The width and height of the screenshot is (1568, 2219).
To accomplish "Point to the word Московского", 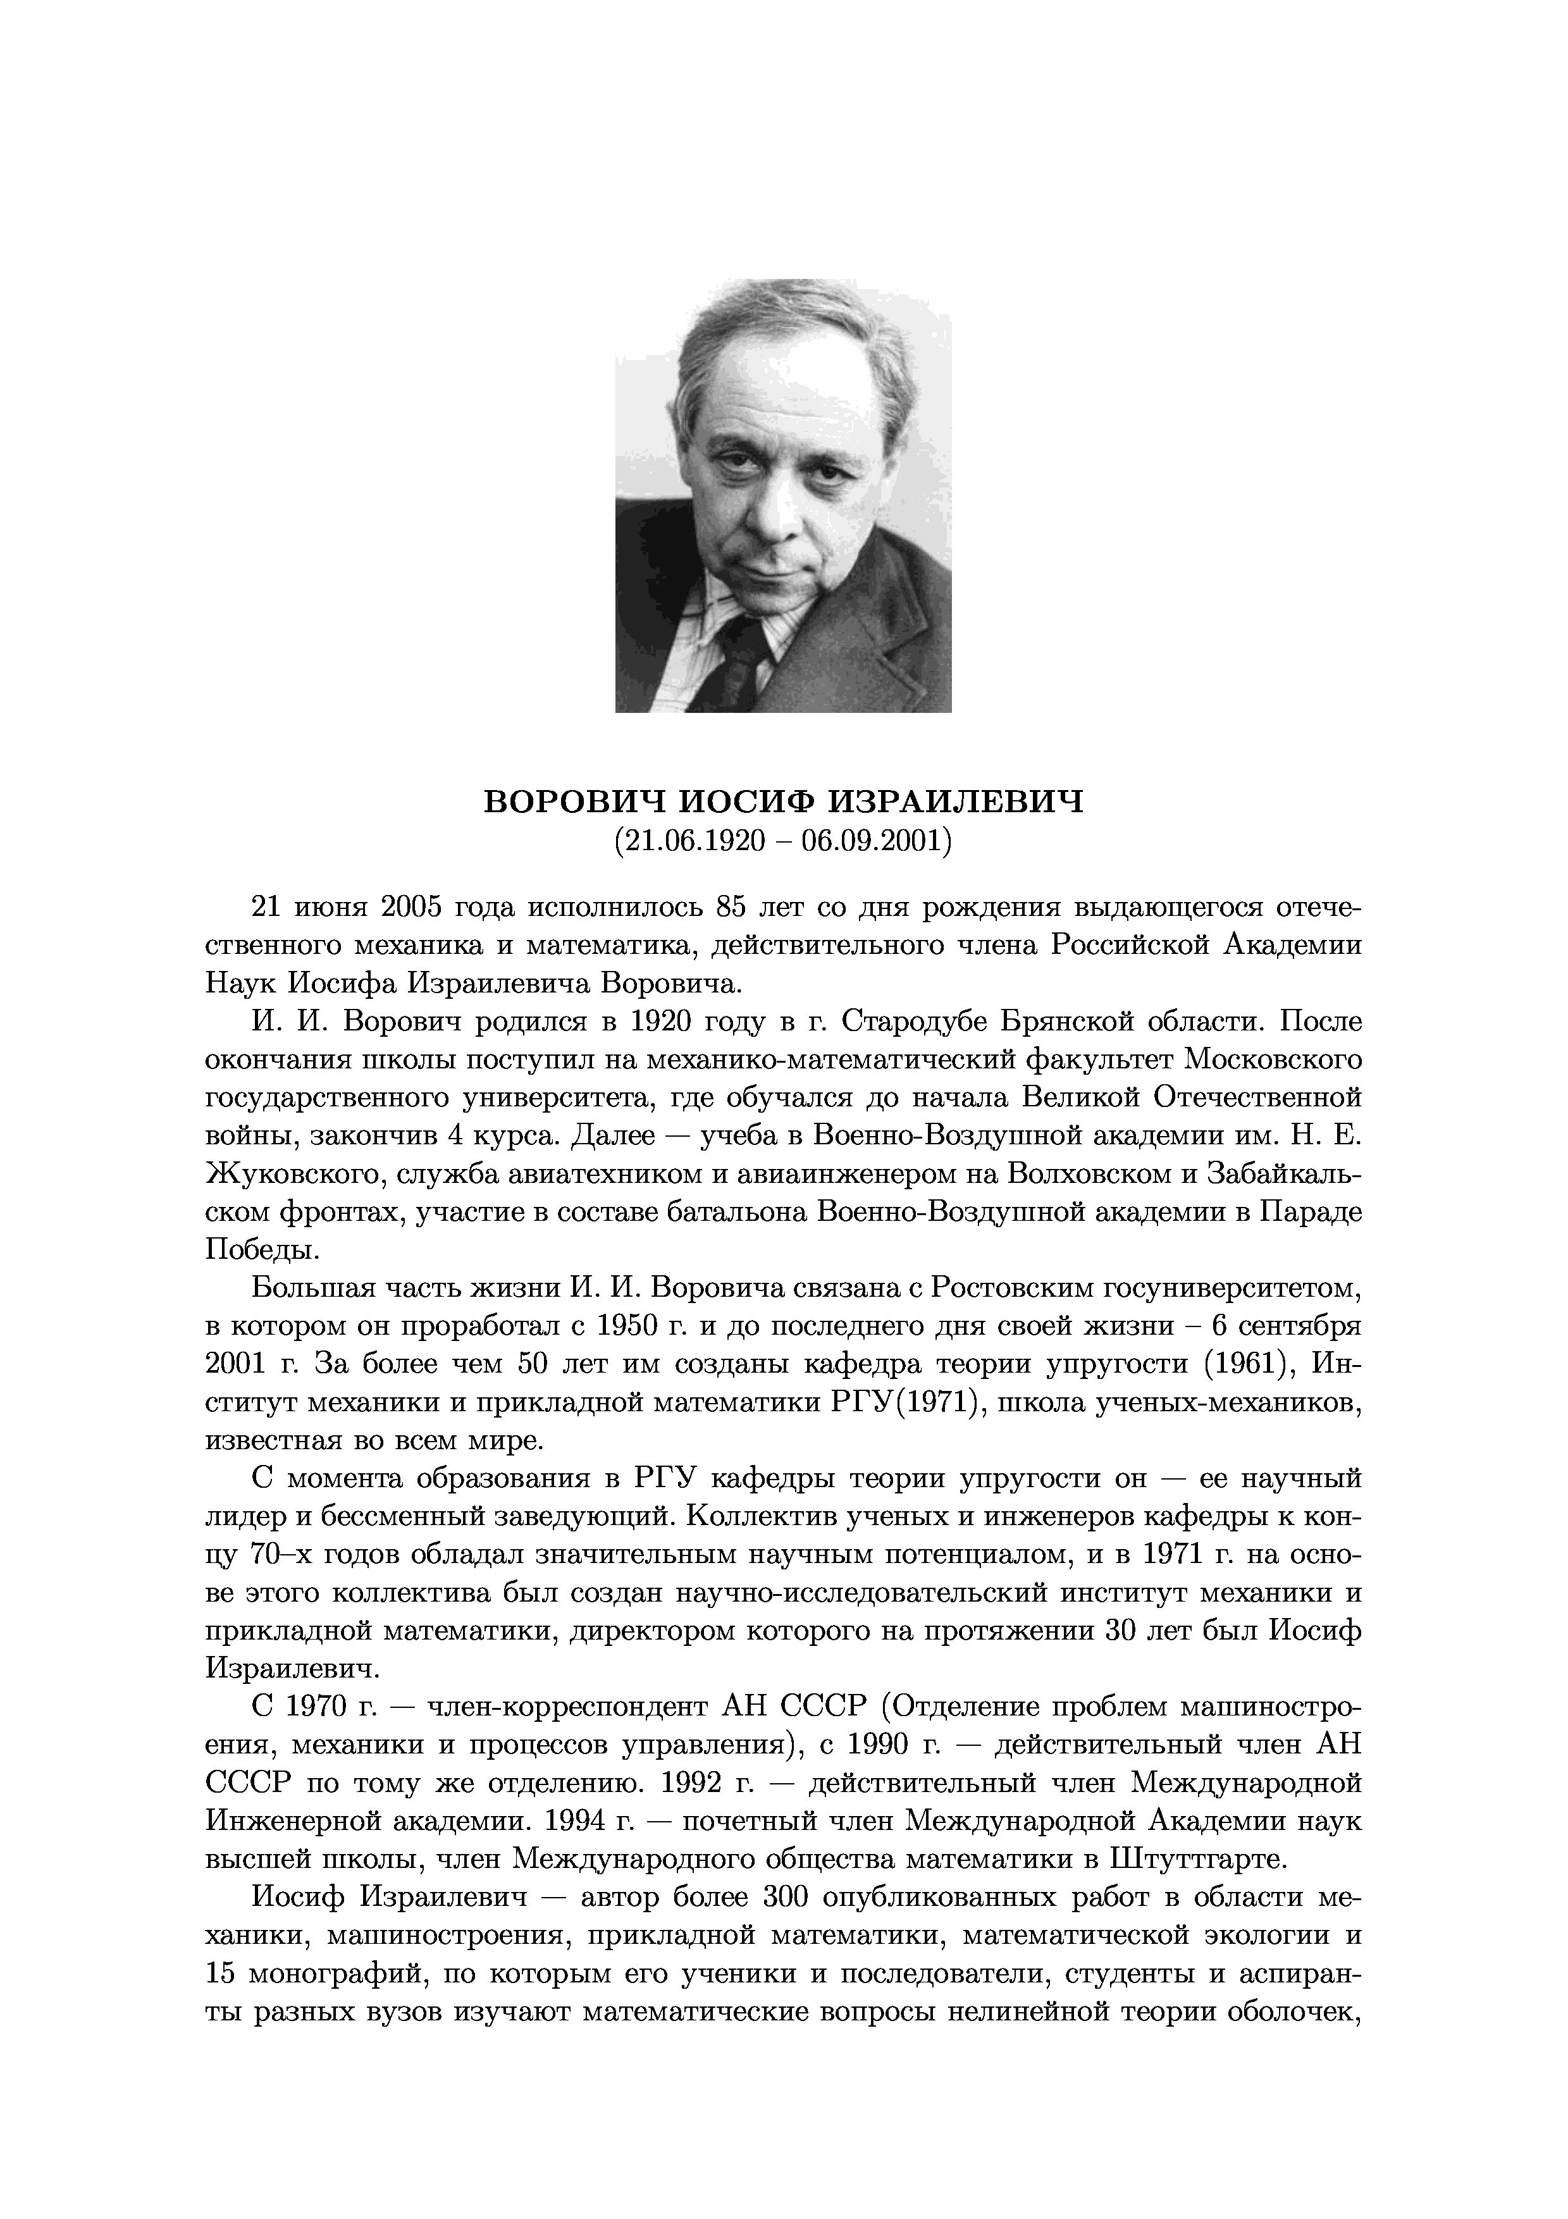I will [1273, 1060].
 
